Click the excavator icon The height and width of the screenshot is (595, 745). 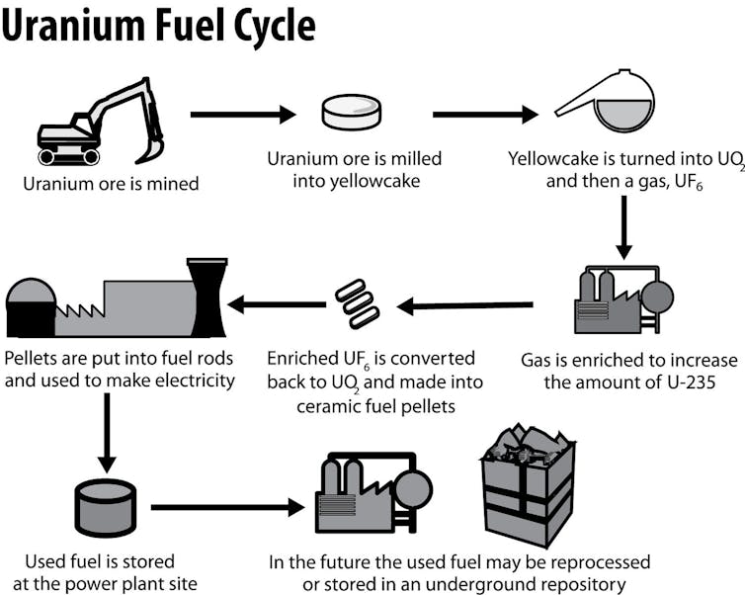[x=99, y=123]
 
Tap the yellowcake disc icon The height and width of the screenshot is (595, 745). [x=351, y=113]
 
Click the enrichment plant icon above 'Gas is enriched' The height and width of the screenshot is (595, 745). [x=622, y=297]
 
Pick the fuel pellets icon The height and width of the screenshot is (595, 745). [x=358, y=302]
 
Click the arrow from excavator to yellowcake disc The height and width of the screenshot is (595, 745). [x=242, y=115]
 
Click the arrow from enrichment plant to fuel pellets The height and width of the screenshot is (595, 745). [x=464, y=305]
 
